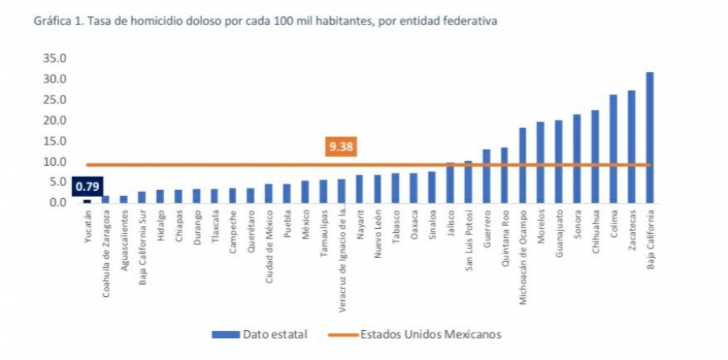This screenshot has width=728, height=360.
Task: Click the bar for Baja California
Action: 650,138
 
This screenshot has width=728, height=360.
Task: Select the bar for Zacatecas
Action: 631,146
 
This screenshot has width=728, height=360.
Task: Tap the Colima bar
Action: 613,149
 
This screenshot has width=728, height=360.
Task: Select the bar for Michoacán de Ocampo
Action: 523,165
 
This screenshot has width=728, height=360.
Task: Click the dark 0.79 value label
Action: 87,187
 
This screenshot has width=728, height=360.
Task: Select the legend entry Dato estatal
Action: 259,334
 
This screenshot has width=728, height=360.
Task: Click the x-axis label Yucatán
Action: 87,231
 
